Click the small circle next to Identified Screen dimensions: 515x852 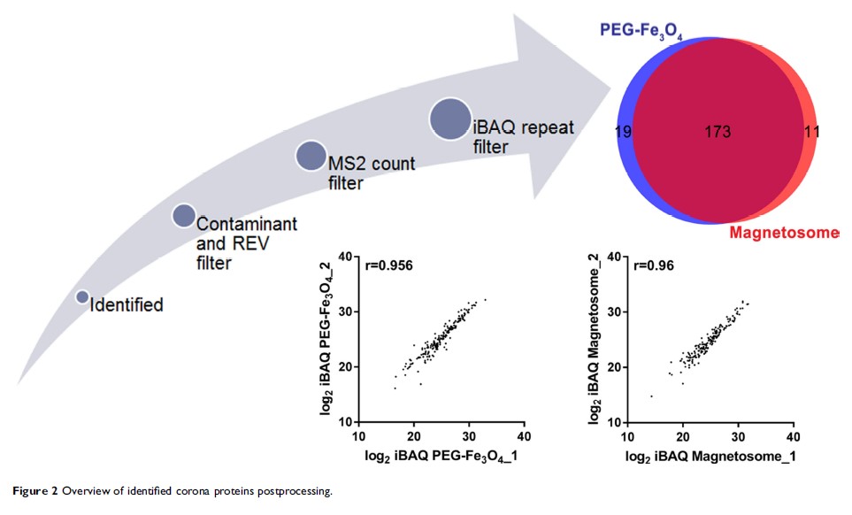tap(82, 297)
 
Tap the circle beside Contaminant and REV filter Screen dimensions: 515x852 tap(183, 215)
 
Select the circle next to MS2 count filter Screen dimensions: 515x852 tap(311, 155)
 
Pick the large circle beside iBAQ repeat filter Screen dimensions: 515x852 tap(450, 119)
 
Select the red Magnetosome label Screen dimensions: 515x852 tap(784, 233)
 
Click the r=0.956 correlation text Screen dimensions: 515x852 tap(389, 264)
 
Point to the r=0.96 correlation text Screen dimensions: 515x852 tap(655, 264)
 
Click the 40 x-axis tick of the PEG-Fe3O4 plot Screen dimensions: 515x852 tap(524, 437)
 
